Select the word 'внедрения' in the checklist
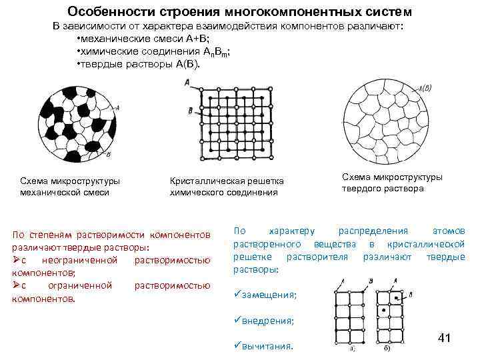tap(269, 321)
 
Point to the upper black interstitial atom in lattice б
tap(397, 296)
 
